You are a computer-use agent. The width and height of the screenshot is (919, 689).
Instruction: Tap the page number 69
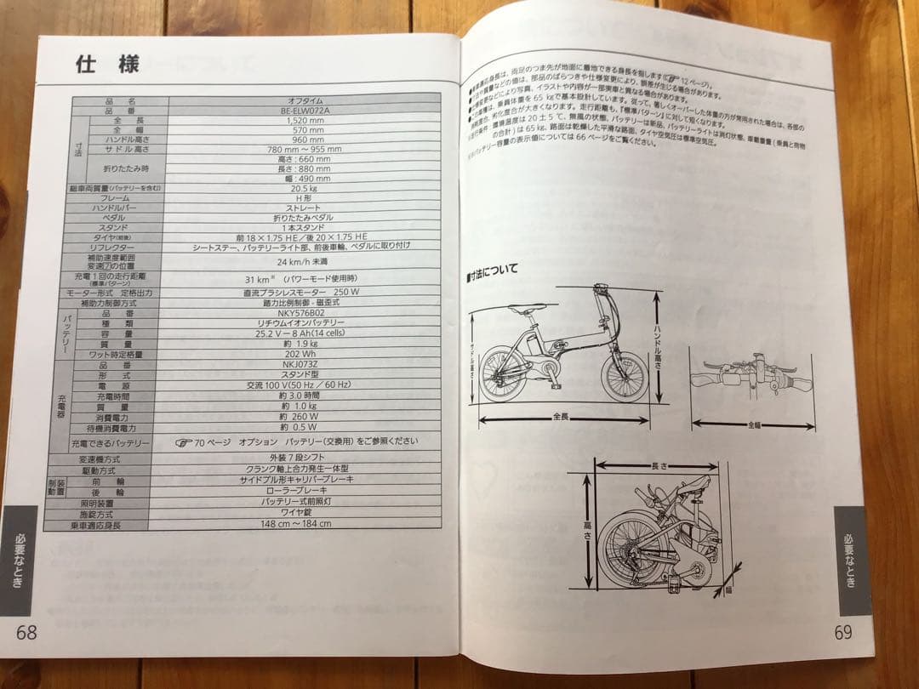842,631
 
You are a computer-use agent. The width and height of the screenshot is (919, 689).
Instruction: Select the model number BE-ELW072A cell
303,111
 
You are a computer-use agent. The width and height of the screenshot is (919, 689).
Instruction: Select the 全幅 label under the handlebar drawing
754,423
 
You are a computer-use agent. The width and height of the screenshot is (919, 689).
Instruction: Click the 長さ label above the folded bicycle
660,466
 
